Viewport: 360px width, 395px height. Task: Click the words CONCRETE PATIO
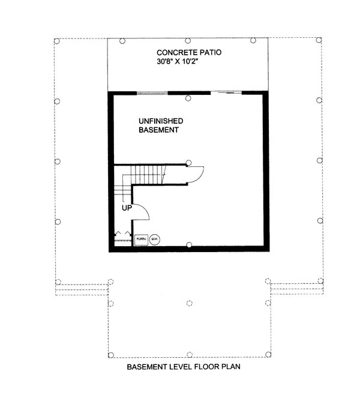(188, 53)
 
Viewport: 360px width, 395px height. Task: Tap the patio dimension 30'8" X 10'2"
(188, 62)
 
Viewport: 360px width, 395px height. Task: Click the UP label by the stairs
(127, 209)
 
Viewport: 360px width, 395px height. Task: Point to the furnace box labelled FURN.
(141, 239)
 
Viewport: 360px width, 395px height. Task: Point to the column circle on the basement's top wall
(188, 98)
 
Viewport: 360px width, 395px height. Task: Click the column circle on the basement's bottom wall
(189, 244)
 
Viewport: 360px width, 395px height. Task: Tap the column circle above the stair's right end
(189, 161)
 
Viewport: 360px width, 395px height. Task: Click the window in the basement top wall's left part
(152, 93)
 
